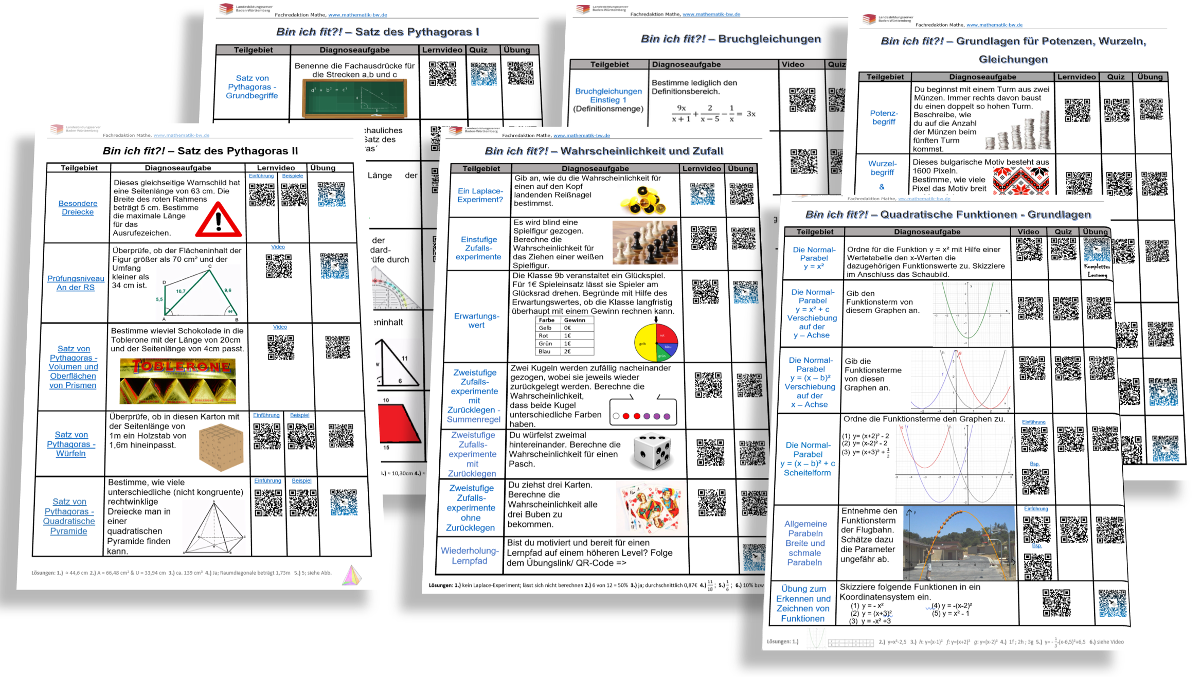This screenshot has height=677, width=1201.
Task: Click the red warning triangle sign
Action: coord(219,219)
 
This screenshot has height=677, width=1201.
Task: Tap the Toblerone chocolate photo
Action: coord(177,381)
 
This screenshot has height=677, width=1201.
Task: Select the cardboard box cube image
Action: coord(221,446)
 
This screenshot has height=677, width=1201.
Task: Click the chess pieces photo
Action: coord(645,243)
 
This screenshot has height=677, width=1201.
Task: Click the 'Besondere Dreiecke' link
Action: coord(78,208)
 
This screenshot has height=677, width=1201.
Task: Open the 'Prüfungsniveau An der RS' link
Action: coord(76,283)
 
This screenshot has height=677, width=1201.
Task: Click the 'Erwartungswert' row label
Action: coord(476,320)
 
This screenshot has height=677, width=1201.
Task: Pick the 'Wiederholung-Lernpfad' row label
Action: coord(470,556)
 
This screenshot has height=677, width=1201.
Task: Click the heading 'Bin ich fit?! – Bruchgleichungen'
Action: coord(730,39)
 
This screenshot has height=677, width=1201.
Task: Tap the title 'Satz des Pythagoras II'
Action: coord(201,151)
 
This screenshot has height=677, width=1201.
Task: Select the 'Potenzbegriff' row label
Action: coord(884,117)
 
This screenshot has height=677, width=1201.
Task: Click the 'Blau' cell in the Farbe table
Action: coord(544,352)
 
